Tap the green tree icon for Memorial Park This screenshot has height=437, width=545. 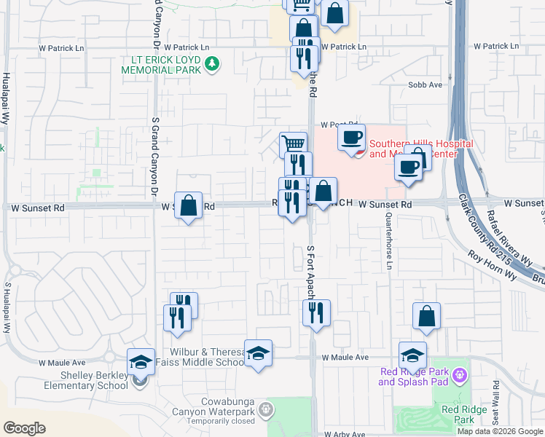212,64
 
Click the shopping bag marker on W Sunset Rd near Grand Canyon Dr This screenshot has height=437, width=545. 189,205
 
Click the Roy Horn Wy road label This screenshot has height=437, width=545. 492,266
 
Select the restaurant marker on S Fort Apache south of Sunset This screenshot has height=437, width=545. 316,313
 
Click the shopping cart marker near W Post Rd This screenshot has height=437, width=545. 294,144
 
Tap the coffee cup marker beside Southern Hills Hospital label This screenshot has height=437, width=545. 351,137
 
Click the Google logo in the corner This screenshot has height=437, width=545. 24,428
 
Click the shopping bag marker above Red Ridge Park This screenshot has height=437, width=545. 426,316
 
